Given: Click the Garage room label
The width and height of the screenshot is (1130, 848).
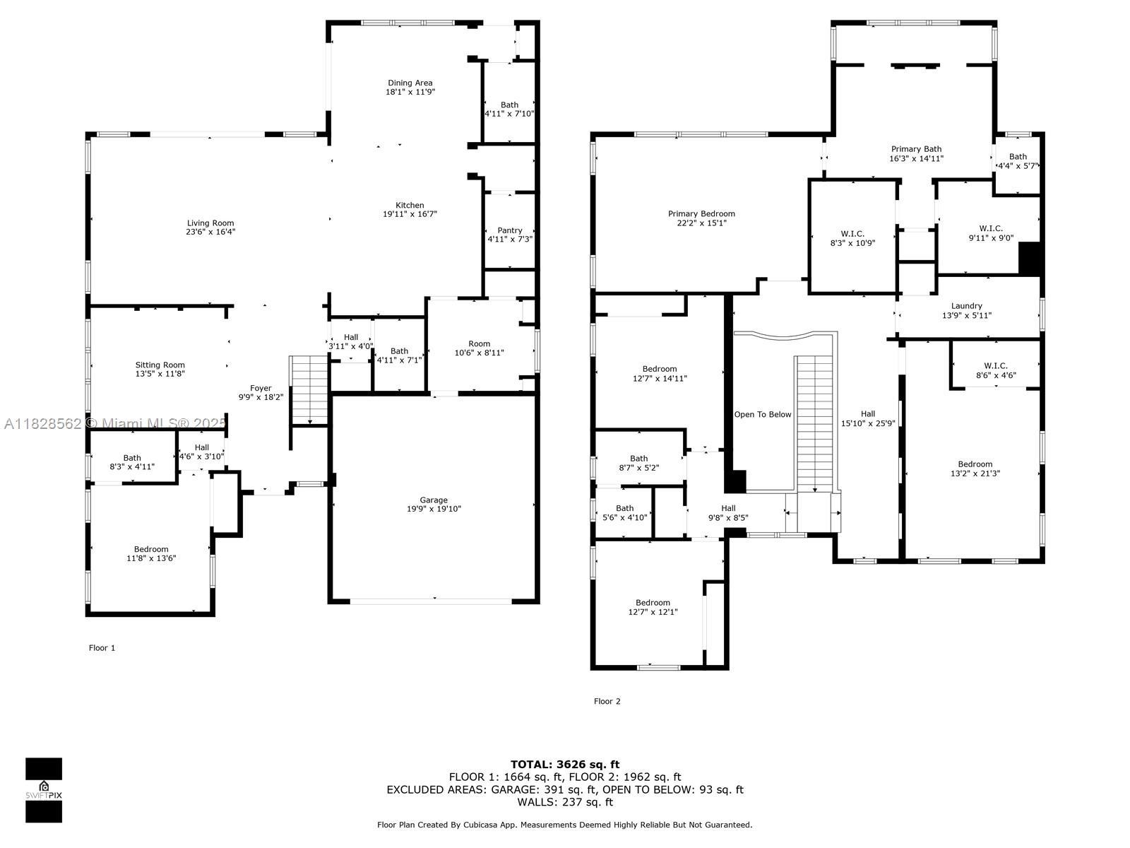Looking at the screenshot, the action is point(434,500).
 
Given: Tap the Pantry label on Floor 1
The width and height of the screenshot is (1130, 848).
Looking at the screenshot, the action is point(510,230).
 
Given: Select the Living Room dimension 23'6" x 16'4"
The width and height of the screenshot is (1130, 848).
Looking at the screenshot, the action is point(210,232).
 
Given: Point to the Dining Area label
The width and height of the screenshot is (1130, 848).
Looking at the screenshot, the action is point(410,83).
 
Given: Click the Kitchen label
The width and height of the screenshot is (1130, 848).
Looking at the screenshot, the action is point(410,205).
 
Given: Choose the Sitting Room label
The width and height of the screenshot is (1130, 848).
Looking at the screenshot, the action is point(160,365).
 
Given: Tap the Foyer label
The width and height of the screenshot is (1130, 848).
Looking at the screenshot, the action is point(261,388).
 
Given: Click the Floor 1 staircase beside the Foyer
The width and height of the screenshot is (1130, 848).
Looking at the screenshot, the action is point(309,390).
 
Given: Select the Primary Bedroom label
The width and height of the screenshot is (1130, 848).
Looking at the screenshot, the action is point(702,213).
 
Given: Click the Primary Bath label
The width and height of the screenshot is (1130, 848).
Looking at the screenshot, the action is point(916,149).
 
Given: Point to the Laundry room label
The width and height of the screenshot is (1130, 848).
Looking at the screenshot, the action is point(967,306).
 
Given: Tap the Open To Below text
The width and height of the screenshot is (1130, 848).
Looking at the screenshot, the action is point(763,415).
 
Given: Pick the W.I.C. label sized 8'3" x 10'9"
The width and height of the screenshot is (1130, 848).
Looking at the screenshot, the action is point(852,234).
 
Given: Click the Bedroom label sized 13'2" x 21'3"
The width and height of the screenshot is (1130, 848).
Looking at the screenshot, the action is point(975,464).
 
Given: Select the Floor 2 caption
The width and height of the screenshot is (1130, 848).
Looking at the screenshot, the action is point(607,701).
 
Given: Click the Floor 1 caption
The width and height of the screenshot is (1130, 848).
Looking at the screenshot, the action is point(102,648).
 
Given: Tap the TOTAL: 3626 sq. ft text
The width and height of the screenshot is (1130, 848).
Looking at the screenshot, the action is point(565,765).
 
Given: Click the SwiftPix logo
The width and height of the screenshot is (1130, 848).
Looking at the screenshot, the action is point(44,790).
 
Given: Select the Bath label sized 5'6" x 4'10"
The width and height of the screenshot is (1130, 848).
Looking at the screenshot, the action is point(624,508).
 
